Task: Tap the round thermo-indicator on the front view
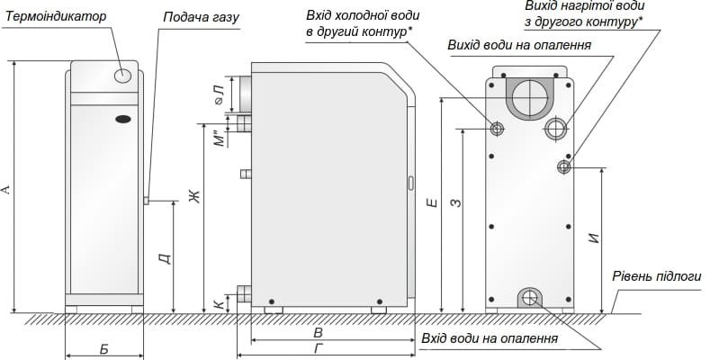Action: coord(124,76)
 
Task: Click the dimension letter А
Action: coord(8,189)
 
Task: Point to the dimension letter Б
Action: coord(103,348)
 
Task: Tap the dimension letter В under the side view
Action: coord(318,333)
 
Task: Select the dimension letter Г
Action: coord(319,349)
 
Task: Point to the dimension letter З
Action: coord(456,205)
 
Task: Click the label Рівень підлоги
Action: coord(656,276)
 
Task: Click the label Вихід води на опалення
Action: coord(519,45)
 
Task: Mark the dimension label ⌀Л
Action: coord(218,94)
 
